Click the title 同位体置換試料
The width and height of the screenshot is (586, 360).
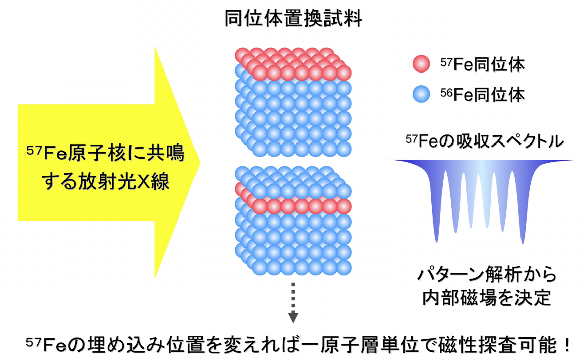point(293,18)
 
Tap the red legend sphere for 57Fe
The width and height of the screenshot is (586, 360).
point(421,64)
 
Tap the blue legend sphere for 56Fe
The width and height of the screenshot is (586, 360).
point(421,94)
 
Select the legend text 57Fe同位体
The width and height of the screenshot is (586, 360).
point(483,64)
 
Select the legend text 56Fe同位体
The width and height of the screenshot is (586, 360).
point(483,95)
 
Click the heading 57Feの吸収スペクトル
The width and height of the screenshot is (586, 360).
point(485,141)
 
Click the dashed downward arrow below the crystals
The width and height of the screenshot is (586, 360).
point(293,303)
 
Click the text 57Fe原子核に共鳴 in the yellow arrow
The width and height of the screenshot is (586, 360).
point(106,153)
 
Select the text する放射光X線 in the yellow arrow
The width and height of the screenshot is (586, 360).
point(106,182)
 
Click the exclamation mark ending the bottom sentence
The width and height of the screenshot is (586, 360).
point(567,345)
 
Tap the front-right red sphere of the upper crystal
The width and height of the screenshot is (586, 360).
point(344,73)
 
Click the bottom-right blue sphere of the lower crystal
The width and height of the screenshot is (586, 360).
point(344,268)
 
